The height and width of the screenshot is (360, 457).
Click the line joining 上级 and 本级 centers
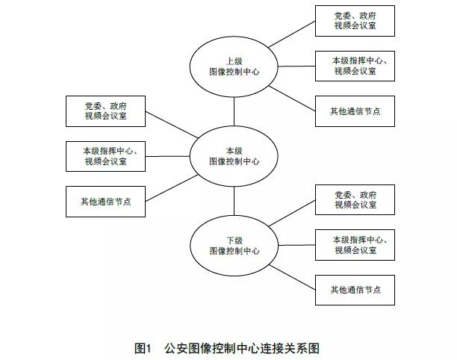(234, 111)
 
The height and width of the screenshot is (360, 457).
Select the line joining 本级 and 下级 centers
(234, 201)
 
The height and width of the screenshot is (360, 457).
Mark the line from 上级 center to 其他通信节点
(292, 99)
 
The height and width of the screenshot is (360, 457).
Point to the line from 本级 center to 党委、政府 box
(172, 125)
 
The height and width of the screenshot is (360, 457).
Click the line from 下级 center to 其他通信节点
(292, 277)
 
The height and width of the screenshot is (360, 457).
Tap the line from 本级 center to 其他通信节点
(172, 188)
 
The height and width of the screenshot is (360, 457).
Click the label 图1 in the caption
(143, 348)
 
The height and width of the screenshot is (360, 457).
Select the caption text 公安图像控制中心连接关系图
(242, 348)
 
